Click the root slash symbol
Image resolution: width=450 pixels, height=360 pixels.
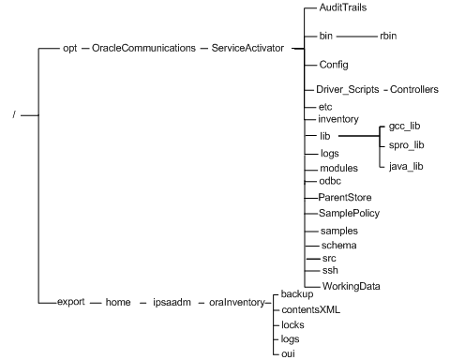[x=7, y=116]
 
